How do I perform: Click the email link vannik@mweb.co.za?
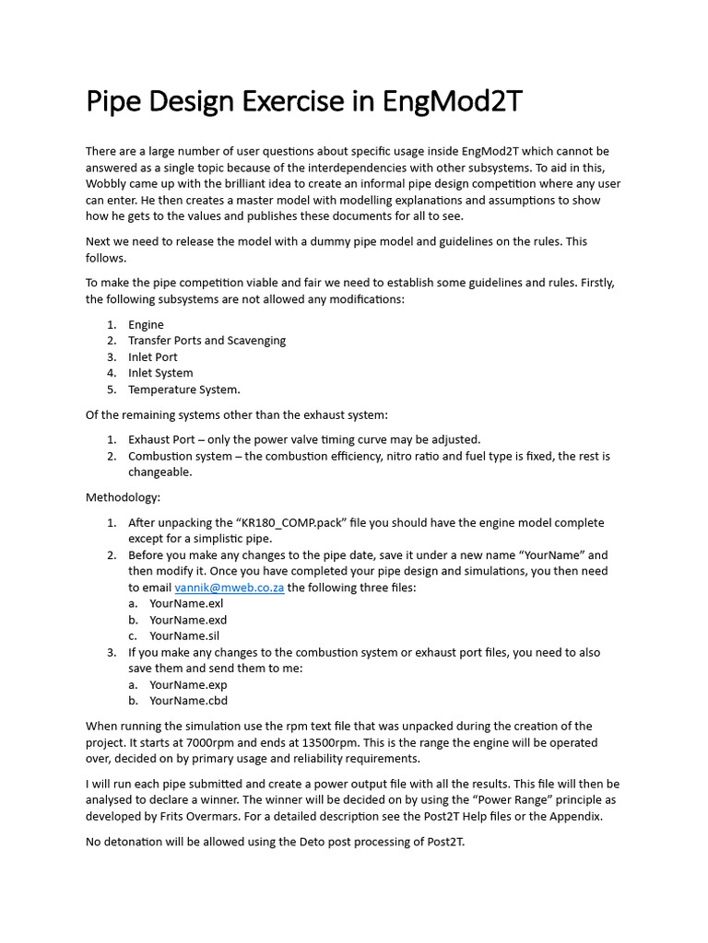click(230, 588)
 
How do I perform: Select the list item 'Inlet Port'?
click(153, 356)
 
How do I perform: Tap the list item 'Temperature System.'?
click(183, 390)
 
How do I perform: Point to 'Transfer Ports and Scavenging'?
click(206, 341)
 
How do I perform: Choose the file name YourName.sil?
click(184, 636)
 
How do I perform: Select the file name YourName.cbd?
click(188, 701)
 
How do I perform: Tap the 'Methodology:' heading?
click(123, 497)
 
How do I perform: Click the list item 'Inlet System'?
click(160, 373)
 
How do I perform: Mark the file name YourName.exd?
click(187, 620)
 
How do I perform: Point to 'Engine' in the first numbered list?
click(146, 324)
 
